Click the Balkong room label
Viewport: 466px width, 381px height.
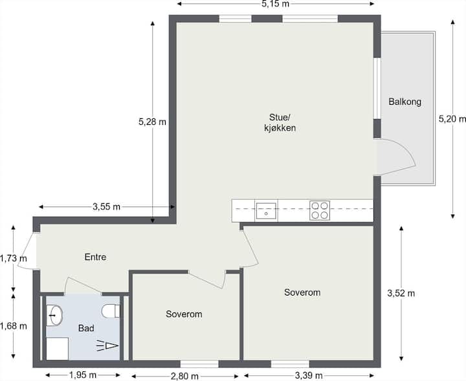pyautogui.click(x=405, y=102)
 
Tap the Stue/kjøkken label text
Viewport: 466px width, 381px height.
pyautogui.click(x=280, y=122)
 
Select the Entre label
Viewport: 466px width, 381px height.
pyautogui.click(x=95, y=257)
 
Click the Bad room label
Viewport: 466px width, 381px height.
pyautogui.click(x=86, y=328)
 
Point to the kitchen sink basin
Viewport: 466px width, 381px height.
pyautogui.click(x=266, y=211)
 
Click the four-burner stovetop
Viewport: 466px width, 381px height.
pyautogui.click(x=320, y=210)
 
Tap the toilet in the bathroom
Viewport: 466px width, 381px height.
pyautogui.click(x=111, y=311)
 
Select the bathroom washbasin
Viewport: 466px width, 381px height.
pyautogui.click(x=54, y=315)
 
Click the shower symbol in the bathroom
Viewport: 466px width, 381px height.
pyautogui.click(x=107, y=346)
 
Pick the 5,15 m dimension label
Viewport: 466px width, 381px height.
pyautogui.click(x=275, y=4)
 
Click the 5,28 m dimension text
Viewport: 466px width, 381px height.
pyautogui.click(x=152, y=122)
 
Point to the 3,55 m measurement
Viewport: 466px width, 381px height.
pyautogui.click(x=106, y=207)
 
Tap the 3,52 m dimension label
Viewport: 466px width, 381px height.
pyautogui.click(x=401, y=294)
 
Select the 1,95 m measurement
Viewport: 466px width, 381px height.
pyautogui.click(x=83, y=375)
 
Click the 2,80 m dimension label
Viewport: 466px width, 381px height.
pyautogui.click(x=184, y=376)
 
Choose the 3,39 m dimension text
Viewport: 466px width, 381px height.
pyautogui.click(x=309, y=376)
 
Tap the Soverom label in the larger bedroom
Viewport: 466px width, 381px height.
pyautogui.click(x=302, y=292)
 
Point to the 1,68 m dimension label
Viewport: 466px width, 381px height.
pyautogui.click(x=14, y=326)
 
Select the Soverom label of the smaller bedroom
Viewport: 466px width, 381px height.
pyautogui.click(x=184, y=314)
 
